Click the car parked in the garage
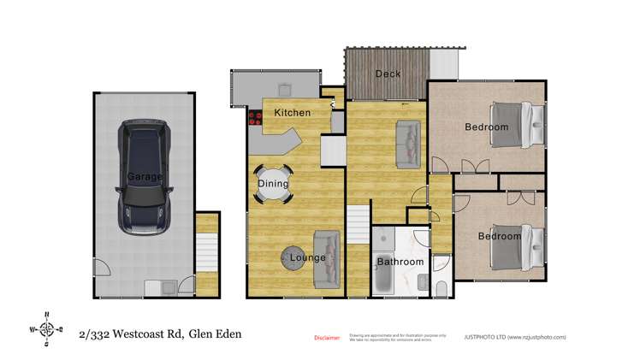click(145, 176)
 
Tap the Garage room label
click(145, 176)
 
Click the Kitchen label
click(292, 113)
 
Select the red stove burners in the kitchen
click(254, 118)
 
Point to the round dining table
click(274, 184)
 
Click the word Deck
click(388, 74)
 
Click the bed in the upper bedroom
click(514, 127)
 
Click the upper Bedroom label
click(487, 127)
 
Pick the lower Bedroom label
click(499, 236)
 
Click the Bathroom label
click(400, 262)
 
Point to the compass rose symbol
click(47, 328)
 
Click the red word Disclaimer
click(327, 338)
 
